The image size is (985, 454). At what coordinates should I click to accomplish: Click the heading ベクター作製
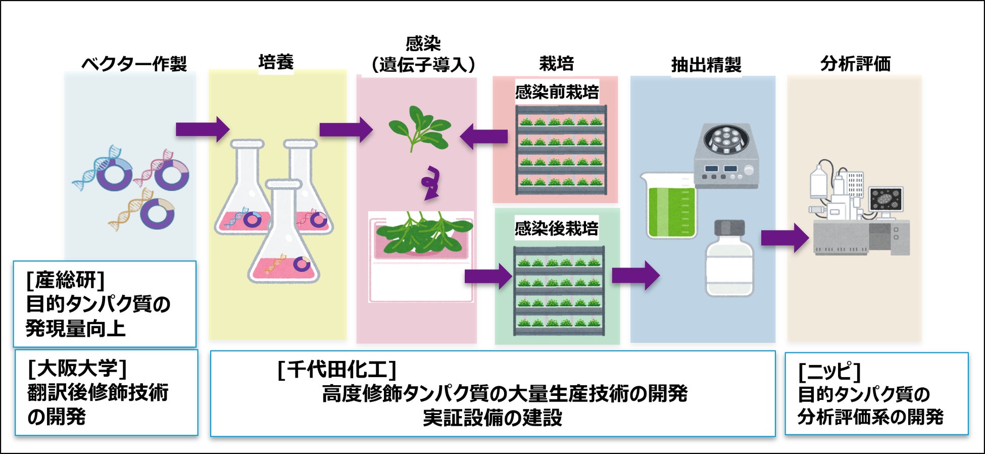tap(134, 64)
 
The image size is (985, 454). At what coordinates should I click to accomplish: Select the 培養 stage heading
tap(276, 62)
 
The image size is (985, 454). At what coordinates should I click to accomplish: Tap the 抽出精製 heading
tap(706, 65)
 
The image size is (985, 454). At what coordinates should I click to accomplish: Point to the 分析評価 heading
tap(855, 64)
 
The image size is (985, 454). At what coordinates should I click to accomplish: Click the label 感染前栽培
tap(557, 92)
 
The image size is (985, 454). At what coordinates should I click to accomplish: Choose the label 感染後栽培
tap(556, 229)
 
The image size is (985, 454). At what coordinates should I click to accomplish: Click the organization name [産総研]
tap(66, 280)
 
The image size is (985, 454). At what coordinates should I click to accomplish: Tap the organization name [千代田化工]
tap(336, 370)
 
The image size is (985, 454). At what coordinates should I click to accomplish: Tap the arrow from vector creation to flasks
tap(202, 129)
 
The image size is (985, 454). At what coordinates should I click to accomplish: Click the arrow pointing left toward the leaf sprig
tap(484, 137)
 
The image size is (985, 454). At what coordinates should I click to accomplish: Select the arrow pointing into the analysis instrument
tap(784, 238)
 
